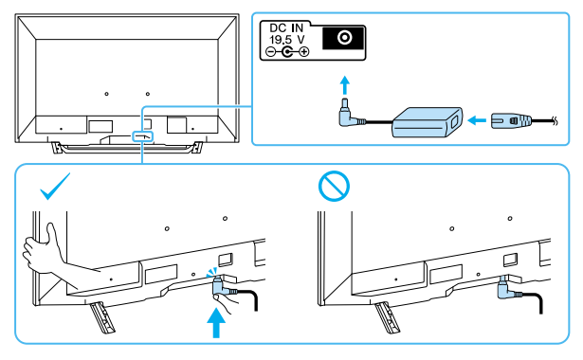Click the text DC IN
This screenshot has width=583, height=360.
(286, 27)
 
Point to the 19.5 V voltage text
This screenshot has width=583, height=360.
(286, 40)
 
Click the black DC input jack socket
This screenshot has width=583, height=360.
(343, 38)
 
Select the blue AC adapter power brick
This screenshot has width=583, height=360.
(427, 122)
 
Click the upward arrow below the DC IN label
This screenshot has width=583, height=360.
(345, 85)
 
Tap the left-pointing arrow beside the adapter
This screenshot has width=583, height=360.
(476, 120)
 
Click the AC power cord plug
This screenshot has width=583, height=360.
(511, 121)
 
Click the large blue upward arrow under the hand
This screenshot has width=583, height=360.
(216, 323)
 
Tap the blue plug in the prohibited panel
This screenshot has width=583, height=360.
(505, 288)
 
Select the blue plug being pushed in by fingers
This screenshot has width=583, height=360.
(220, 287)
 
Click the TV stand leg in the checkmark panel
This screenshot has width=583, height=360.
(101, 317)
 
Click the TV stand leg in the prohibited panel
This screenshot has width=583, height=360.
(387, 317)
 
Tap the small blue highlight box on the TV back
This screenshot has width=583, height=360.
(143, 136)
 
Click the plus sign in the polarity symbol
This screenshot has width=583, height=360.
(304, 52)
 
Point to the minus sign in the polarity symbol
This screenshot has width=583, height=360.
(271, 52)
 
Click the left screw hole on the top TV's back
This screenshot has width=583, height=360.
(107, 94)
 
